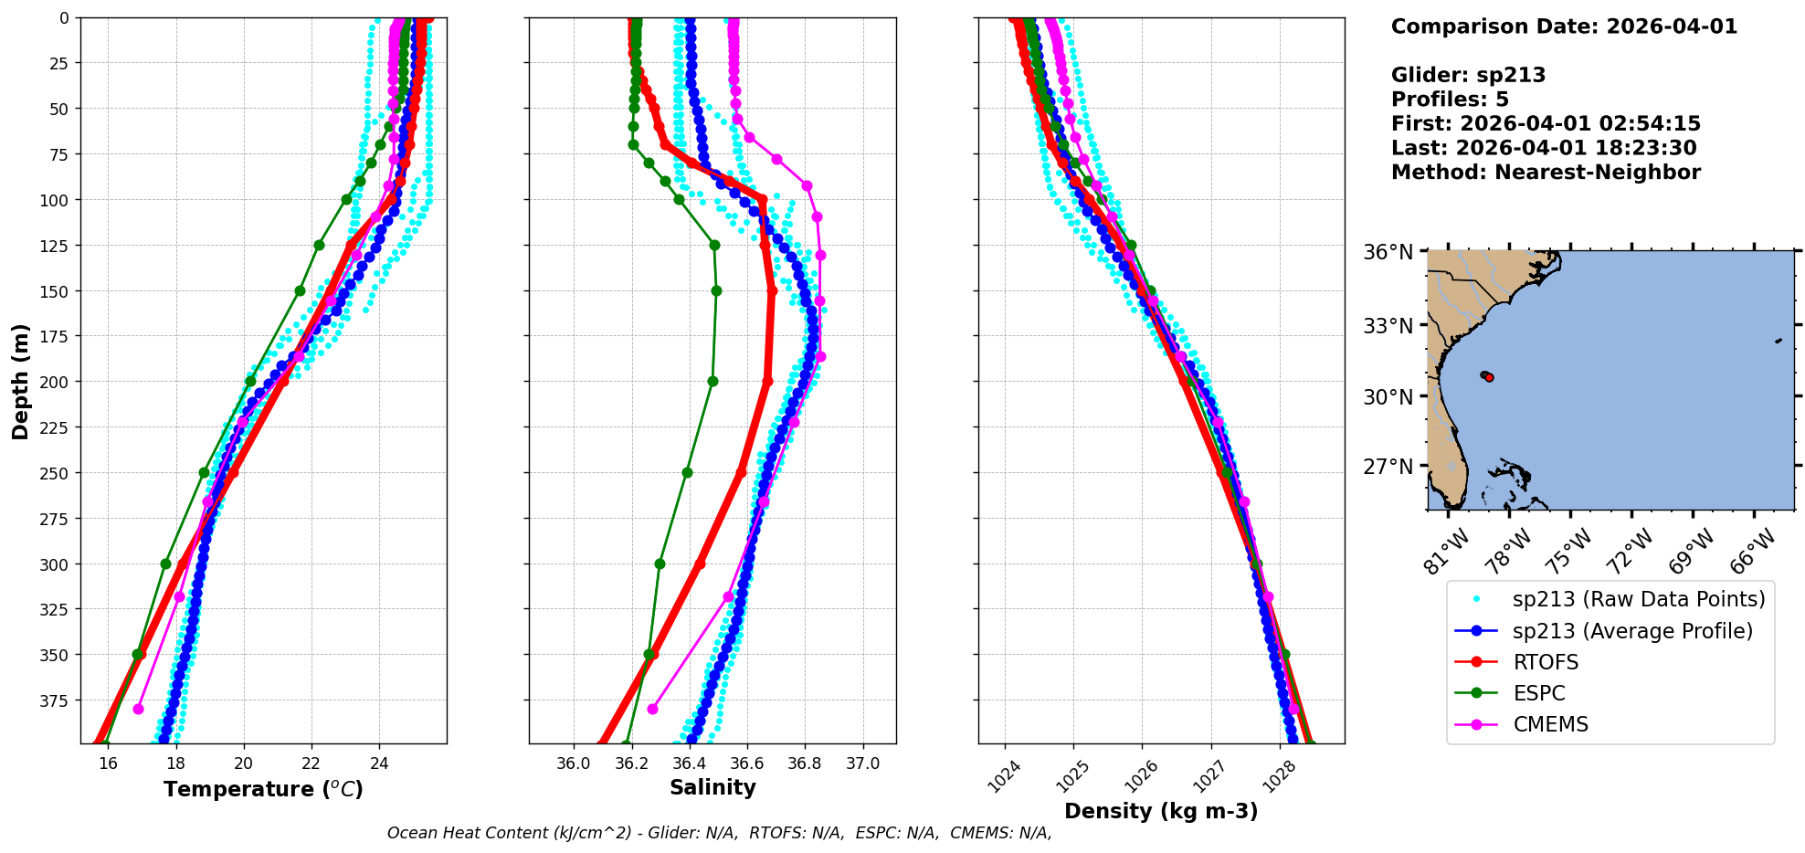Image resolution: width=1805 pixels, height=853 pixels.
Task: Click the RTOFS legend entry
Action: coord(1546,662)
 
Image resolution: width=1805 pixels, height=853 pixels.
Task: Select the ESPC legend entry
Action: coord(1539,693)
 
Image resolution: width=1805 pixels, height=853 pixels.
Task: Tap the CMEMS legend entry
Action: coord(1550,724)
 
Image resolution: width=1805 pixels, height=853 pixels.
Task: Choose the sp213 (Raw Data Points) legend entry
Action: coord(1639,599)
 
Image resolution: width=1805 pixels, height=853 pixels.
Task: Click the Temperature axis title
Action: coord(263,789)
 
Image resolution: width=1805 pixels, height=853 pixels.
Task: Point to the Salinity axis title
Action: coord(712,787)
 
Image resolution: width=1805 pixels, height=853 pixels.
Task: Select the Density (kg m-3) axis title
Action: coord(1161,811)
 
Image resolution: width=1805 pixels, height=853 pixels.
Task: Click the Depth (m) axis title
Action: coord(20,381)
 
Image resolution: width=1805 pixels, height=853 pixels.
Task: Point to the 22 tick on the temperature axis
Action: coord(311,763)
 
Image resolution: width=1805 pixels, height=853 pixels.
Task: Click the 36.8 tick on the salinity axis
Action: coord(805,763)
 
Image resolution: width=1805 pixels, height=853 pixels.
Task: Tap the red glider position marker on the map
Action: coord(1489,377)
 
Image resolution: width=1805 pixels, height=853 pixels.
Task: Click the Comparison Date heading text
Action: coord(1564,26)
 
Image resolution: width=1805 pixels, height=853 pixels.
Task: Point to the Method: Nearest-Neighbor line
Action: coord(1546,173)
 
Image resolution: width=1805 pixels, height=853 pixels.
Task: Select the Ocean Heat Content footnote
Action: coord(719,833)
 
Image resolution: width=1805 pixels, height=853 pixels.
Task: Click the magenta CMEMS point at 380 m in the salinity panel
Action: coord(652,709)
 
